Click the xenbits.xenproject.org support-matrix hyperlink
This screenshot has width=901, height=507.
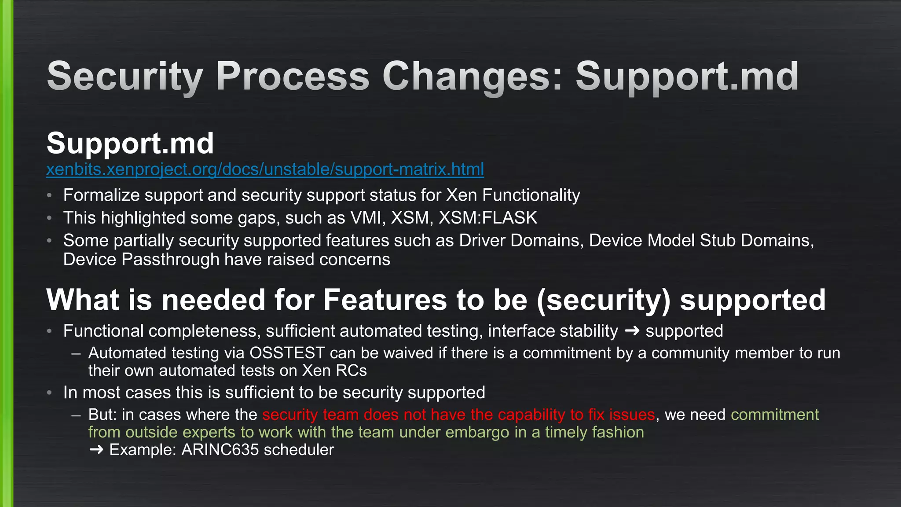point(265,169)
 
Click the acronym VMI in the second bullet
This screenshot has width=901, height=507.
point(365,218)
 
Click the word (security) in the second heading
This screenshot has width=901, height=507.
point(604,300)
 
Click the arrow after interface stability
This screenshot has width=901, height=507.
point(632,331)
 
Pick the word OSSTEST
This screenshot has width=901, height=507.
point(287,353)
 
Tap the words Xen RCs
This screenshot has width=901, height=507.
point(334,371)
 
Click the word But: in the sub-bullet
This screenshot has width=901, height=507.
point(103,415)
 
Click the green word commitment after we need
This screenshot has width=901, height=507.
point(774,415)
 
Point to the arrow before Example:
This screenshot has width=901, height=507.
point(96,450)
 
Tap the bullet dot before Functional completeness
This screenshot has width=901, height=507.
point(50,331)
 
